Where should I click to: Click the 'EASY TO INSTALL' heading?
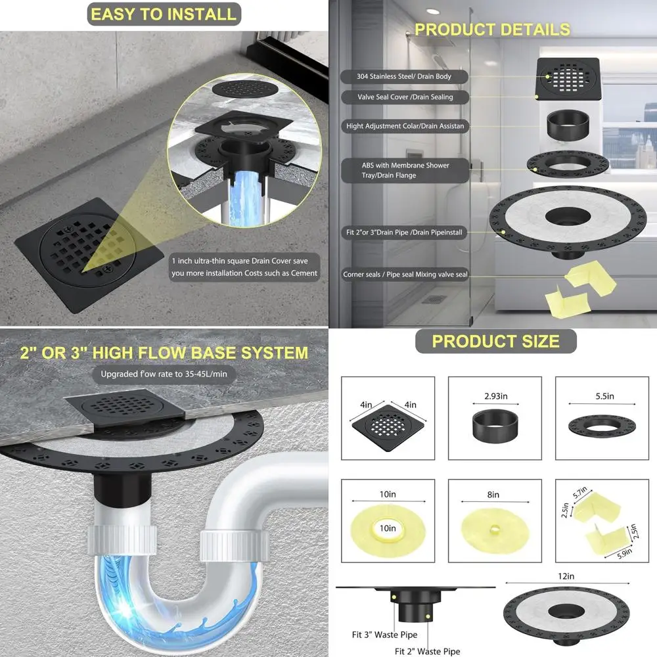164,14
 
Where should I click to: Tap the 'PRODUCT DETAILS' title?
492,30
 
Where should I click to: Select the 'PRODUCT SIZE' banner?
495,341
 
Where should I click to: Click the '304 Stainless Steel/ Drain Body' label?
404,77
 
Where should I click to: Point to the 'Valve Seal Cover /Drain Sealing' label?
405,97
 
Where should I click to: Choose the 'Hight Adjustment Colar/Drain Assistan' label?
406,125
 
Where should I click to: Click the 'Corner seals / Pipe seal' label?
405,275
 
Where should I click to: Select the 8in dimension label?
493,495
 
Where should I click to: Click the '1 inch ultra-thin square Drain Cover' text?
244,266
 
